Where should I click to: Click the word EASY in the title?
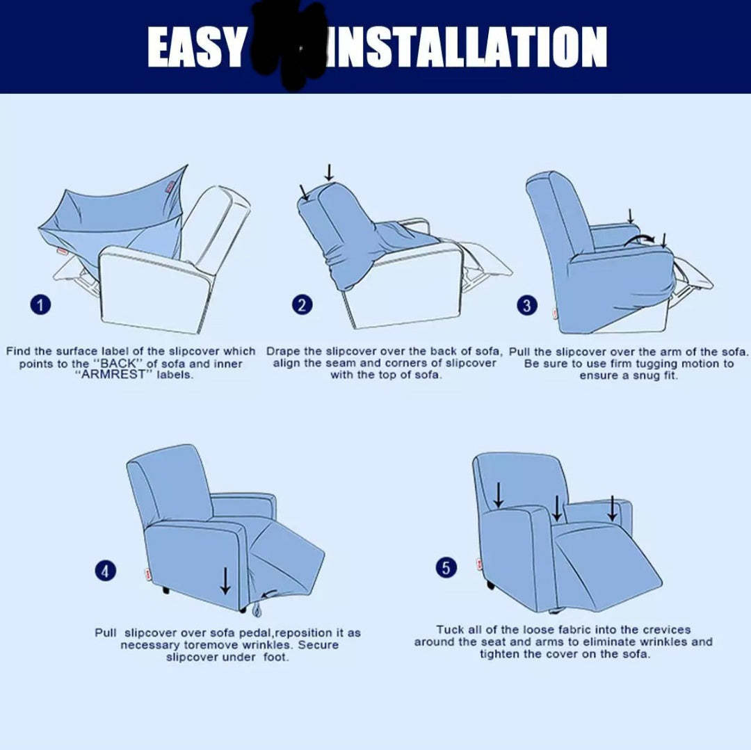(x=197, y=47)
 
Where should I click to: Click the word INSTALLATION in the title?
(x=465, y=47)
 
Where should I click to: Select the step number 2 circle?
(x=302, y=304)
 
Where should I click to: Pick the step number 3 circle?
(x=527, y=305)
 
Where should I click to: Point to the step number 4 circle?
(x=104, y=571)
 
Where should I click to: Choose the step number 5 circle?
(x=446, y=568)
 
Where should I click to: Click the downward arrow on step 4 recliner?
(x=225, y=580)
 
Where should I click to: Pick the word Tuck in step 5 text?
(x=449, y=630)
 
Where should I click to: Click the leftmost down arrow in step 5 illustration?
(x=499, y=495)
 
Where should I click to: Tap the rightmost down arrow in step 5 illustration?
(x=612, y=508)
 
